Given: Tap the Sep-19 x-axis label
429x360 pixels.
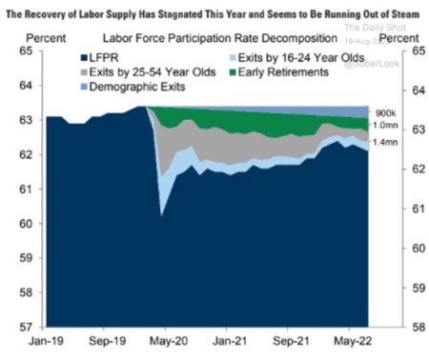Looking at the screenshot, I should click(106, 340).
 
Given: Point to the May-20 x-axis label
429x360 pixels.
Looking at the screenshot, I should click(167, 340).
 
